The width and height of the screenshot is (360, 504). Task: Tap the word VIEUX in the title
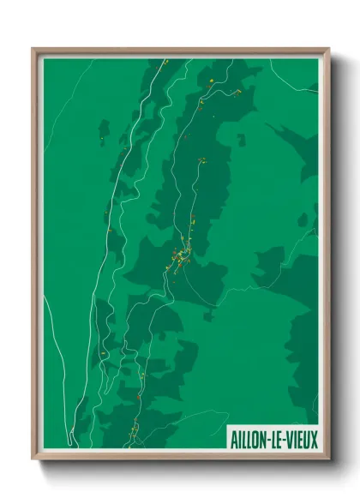pyautogui.click(x=301, y=439)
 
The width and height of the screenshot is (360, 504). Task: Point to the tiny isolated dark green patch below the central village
pyautogui.click(x=207, y=315)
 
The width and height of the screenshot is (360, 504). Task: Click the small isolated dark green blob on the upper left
pyautogui.click(x=104, y=134)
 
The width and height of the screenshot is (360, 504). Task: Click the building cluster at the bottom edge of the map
pyautogui.click(x=135, y=431)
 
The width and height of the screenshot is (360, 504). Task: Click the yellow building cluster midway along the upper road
pyautogui.click(x=202, y=160)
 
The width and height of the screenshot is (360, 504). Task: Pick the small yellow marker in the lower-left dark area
pyautogui.click(x=103, y=351)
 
